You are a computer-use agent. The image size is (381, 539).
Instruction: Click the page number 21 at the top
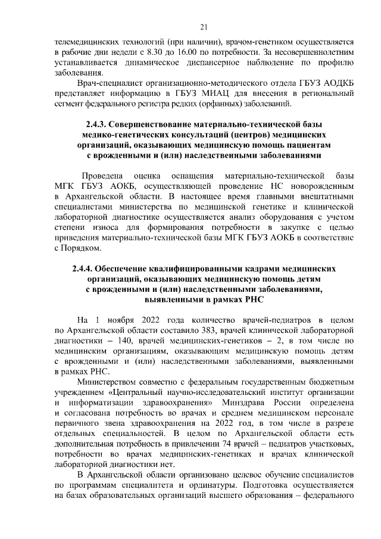click(204, 26)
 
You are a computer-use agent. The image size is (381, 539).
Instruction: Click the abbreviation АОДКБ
click(335, 83)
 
